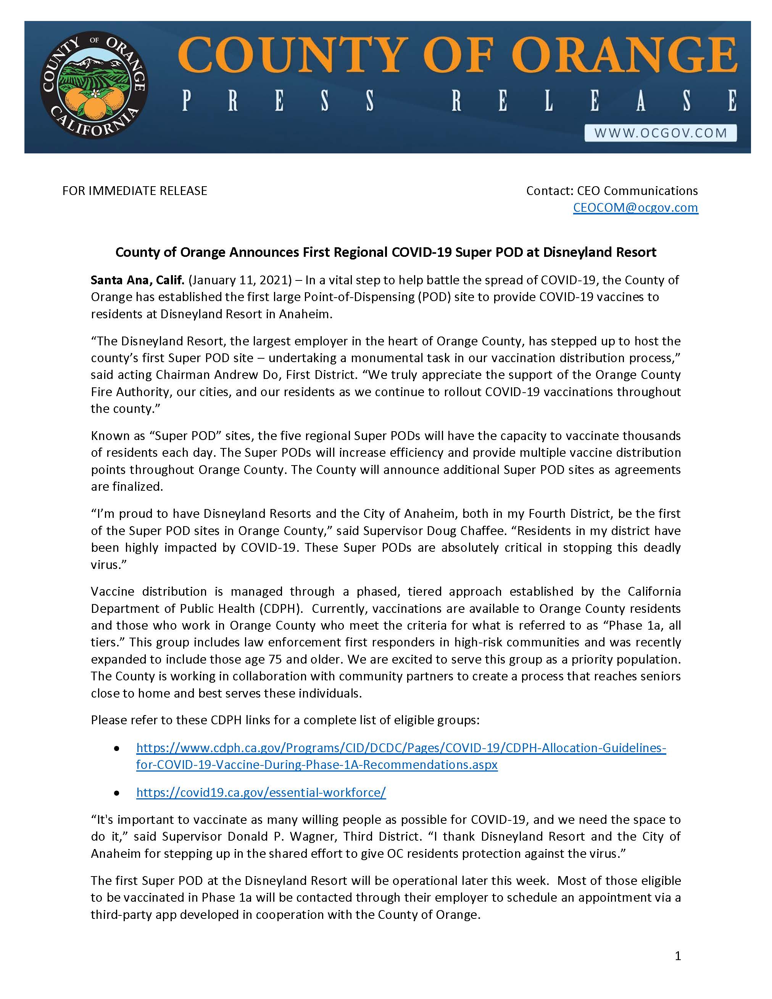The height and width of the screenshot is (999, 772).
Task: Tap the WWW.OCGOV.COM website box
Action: [x=661, y=133]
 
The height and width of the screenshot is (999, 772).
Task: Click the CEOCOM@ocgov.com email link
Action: [x=635, y=208]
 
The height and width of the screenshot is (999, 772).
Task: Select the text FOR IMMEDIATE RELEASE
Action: [x=134, y=191]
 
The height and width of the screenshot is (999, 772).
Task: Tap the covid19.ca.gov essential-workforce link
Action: [x=261, y=793]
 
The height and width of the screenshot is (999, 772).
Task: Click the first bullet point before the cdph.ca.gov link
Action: [x=117, y=749]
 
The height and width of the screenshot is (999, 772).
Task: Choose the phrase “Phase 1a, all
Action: [x=633, y=625]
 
